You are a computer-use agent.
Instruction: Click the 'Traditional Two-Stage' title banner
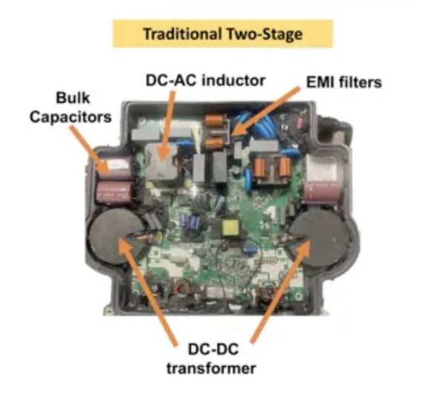click(x=222, y=33)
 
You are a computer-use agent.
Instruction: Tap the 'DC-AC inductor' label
click(x=205, y=80)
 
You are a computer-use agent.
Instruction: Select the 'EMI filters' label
click(x=344, y=82)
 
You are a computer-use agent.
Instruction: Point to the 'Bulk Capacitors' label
click(x=70, y=107)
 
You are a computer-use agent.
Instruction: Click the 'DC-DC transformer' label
click(x=211, y=359)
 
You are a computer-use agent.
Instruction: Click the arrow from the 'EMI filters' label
click(x=266, y=111)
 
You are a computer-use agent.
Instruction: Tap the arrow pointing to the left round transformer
click(x=148, y=290)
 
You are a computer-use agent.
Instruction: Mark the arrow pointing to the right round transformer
click(x=280, y=292)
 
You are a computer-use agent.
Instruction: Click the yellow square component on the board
click(x=229, y=227)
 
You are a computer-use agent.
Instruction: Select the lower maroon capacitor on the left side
click(x=114, y=193)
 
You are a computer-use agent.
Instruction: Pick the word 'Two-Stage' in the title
click(x=265, y=34)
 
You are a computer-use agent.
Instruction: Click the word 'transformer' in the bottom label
click(x=211, y=368)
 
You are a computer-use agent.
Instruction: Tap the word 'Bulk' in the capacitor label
click(x=73, y=97)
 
